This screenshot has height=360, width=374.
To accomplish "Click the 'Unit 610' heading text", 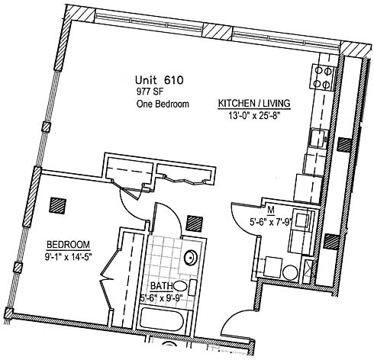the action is pyautogui.click(x=159, y=80).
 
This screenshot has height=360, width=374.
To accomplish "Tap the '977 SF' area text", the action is pyautogui.click(x=150, y=92).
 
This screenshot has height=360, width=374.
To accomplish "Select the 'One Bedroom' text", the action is pyautogui.click(x=163, y=104).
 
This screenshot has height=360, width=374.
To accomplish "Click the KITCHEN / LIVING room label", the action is pyautogui.click(x=254, y=104).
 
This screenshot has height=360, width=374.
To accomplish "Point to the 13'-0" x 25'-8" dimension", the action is pyautogui.click(x=254, y=116).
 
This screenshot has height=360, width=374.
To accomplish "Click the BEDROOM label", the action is pyautogui.click(x=69, y=245).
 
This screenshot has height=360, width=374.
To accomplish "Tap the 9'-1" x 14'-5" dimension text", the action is pyautogui.click(x=68, y=257).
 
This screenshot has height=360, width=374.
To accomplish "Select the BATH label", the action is pyautogui.click(x=161, y=286).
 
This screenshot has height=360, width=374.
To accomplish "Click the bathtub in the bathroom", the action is pyautogui.click(x=161, y=319).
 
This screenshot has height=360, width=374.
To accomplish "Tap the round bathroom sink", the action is pyautogui.click(x=191, y=258).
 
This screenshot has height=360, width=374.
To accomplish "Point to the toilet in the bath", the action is pyautogui.click(x=185, y=287).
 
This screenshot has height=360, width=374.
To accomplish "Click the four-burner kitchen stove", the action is pyautogui.click(x=322, y=77).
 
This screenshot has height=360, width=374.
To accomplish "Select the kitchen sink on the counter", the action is pyautogui.click(x=318, y=138).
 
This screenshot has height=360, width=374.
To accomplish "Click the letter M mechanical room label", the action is pyautogui.click(x=271, y=210).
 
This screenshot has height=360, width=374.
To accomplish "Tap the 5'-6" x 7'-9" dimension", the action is pyautogui.click(x=270, y=222).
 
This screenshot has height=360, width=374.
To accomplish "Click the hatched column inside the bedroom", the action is pyautogui.click(x=58, y=206).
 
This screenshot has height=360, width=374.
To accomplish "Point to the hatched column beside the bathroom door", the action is pyautogui.click(x=195, y=223).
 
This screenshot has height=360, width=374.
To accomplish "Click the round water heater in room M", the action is pyautogui.click(x=290, y=272).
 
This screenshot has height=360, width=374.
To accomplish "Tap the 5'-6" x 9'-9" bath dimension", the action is pyautogui.click(x=163, y=297).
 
